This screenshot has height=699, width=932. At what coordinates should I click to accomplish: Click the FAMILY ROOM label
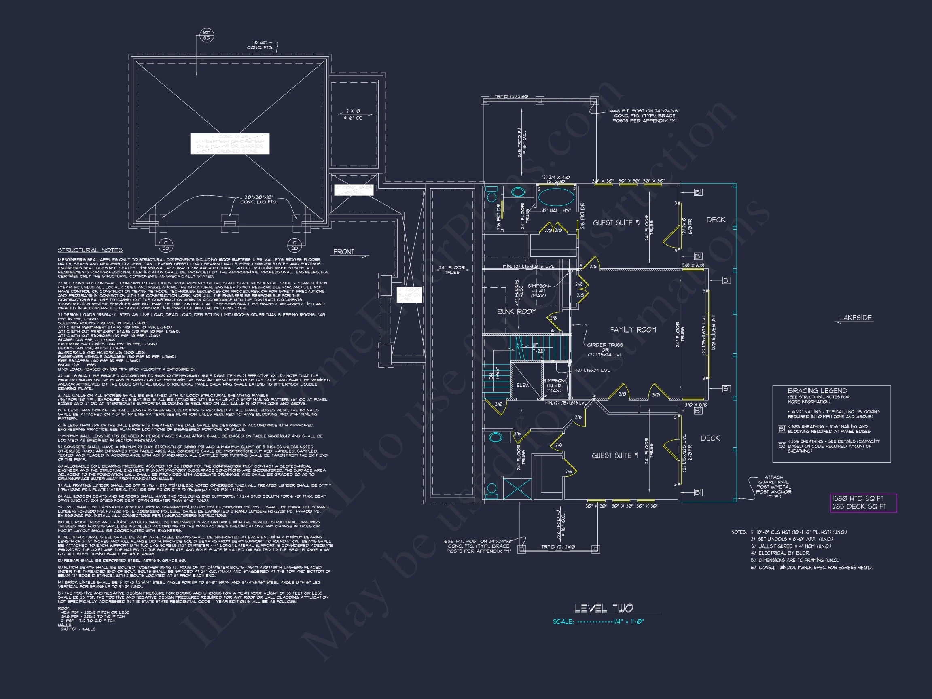633,330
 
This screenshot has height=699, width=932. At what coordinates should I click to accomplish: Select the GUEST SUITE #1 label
615,455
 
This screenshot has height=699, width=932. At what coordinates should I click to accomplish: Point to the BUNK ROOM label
517,312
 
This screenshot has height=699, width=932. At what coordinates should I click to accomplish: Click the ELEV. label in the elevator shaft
523,385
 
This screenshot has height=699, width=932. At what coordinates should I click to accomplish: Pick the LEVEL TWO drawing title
604,608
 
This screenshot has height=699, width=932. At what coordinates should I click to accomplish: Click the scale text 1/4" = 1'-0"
628,621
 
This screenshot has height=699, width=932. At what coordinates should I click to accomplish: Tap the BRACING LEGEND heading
817,391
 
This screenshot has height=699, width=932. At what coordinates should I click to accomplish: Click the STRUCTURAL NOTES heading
90,250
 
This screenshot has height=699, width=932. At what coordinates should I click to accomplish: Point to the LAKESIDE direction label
855,318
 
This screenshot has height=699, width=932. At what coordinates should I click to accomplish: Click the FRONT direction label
344,252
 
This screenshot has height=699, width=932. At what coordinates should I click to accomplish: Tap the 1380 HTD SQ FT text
858,498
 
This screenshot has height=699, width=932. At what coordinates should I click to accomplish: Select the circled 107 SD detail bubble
206,35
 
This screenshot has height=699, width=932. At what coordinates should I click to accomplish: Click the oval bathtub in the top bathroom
556,196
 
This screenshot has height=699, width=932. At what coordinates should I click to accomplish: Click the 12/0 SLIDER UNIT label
713,332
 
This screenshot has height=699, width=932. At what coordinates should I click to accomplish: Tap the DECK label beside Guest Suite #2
716,220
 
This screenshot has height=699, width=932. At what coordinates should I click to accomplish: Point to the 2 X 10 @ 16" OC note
353,114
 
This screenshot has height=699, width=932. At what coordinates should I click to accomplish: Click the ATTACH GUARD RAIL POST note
773,487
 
